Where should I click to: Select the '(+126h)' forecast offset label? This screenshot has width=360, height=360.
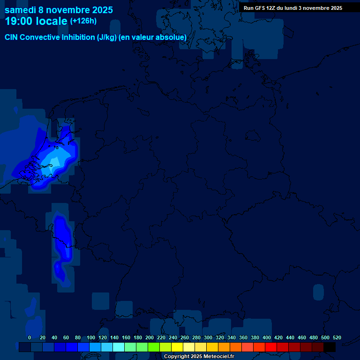[83, 21]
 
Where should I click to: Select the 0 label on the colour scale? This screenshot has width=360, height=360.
[30, 337]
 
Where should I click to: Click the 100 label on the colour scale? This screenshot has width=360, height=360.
[91, 337]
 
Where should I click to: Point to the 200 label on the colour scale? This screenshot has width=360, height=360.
[150, 337]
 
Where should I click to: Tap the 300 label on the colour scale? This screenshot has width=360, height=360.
[208, 337]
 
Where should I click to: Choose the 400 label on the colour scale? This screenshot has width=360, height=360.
[267, 337]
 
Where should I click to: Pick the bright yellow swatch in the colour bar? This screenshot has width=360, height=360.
[177, 347]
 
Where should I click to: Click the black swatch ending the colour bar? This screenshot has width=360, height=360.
[329, 347]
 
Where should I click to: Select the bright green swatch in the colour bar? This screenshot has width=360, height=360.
[153, 347]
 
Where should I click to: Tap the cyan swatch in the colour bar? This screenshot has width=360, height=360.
[118, 347]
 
